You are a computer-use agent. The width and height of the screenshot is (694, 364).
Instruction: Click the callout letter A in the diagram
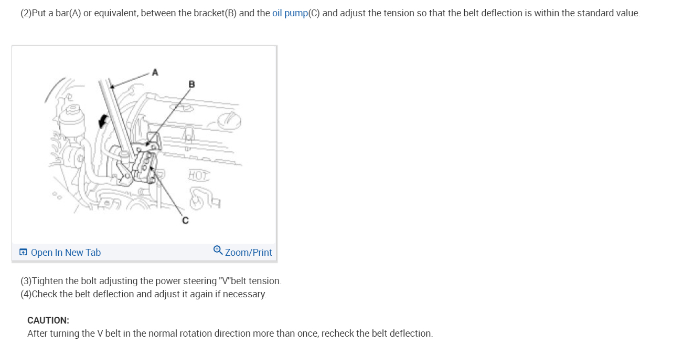155,72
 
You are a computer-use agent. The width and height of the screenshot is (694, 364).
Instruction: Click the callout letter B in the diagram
191,84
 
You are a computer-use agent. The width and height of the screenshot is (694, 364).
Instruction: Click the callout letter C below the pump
185,221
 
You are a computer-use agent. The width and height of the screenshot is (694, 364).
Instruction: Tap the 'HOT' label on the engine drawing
199,175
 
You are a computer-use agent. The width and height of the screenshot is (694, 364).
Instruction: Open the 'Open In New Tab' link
66,253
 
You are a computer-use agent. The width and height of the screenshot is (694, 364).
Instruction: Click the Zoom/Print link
248,253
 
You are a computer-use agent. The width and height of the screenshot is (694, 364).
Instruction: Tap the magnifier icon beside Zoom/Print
218,251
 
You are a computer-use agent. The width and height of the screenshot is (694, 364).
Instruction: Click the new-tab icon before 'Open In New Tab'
23,253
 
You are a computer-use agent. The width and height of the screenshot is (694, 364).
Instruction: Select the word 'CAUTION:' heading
48,320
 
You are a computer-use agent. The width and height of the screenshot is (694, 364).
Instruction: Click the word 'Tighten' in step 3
47,281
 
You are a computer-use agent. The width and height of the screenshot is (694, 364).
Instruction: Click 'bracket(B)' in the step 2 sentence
215,13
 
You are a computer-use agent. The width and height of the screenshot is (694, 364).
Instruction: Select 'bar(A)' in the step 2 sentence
68,13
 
